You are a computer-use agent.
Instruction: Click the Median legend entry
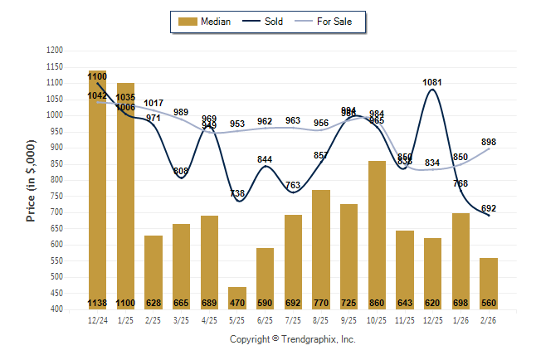point(205,22)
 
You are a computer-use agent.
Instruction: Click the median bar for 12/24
point(97,190)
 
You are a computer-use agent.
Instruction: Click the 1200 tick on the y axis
point(55,51)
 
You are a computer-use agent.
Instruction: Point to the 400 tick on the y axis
point(56,309)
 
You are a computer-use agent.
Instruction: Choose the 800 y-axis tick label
point(56,180)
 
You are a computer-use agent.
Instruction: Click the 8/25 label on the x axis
point(321,319)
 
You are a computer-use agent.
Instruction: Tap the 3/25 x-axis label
point(181,319)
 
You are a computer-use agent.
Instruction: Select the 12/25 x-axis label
point(433,319)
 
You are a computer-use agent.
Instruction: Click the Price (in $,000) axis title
point(31,180)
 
